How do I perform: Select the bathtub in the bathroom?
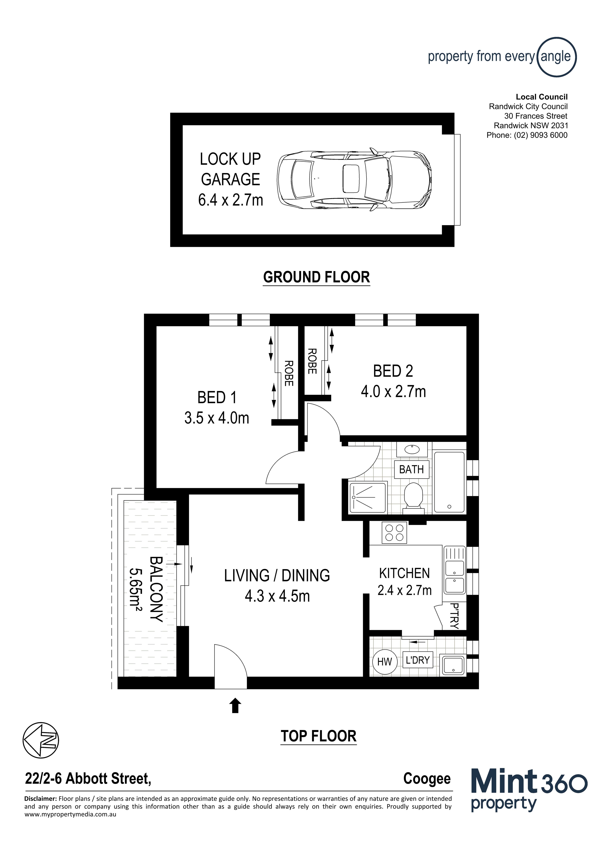[449, 482]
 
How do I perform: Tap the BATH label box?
[411, 469]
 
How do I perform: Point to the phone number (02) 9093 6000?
[540, 135]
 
